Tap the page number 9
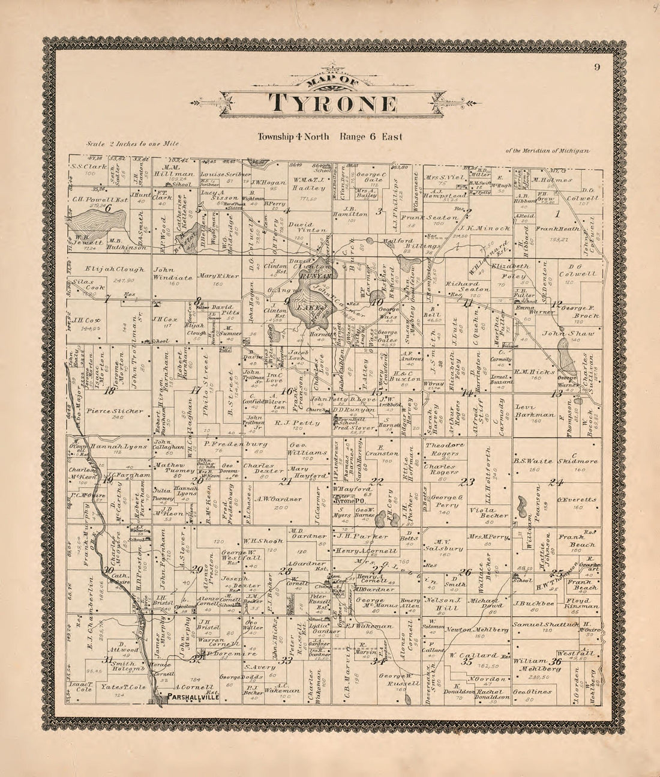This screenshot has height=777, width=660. [596, 67]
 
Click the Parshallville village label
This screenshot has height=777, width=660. [185, 698]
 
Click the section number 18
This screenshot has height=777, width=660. [109, 391]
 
